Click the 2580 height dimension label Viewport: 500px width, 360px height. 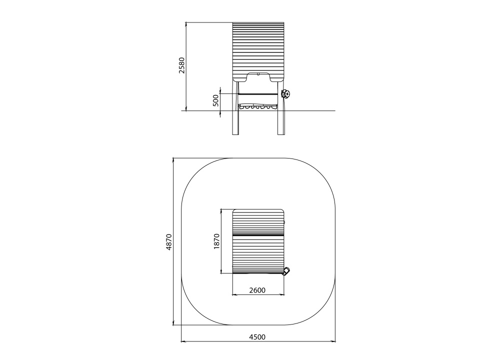click(182, 65)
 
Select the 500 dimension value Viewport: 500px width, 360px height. click(216, 100)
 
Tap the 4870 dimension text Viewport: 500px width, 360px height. click(169, 242)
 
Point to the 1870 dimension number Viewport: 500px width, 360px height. click(217, 241)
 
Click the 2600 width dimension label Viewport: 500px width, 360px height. click(257, 290)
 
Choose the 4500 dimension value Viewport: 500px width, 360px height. click(257, 337)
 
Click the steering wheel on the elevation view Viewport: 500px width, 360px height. click(285, 94)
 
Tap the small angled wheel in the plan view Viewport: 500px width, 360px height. click(286, 271)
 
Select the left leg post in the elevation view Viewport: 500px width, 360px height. click(235, 108)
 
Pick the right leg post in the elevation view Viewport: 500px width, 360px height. click(280, 108)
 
